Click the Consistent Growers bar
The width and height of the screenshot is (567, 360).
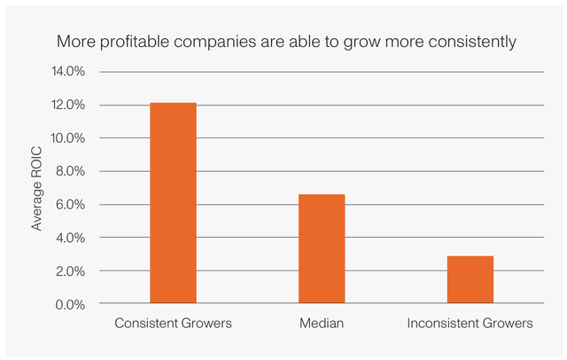click(173, 203)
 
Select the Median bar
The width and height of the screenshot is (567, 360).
click(322, 249)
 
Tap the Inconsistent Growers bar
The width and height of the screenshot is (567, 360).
click(470, 279)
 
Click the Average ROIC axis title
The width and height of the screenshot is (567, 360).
click(37, 188)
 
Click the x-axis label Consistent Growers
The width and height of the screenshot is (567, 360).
click(173, 324)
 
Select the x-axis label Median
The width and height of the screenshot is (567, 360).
click(322, 324)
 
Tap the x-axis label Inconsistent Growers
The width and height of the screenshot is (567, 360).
click(470, 324)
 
